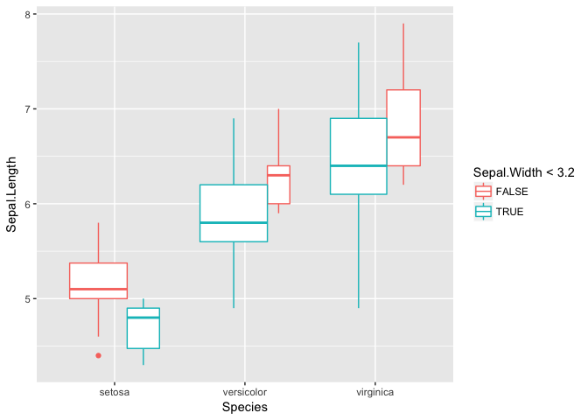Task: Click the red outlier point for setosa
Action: coord(98,355)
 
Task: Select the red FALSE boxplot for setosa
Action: coord(98,280)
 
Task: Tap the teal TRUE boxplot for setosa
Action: coord(143,328)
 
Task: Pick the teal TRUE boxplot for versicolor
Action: coord(234,213)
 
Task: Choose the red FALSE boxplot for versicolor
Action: coord(278,185)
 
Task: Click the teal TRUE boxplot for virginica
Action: coord(359,156)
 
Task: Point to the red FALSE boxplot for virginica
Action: coord(403,128)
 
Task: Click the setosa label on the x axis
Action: coord(115,393)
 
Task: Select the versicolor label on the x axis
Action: coord(244,393)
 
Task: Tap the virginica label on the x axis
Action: coord(374,393)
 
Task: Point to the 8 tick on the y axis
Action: coord(28,15)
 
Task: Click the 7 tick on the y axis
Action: coord(28,109)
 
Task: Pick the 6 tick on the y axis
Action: coord(28,204)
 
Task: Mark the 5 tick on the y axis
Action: coord(28,298)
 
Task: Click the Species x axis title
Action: coord(244,408)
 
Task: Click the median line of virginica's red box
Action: coord(403,137)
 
